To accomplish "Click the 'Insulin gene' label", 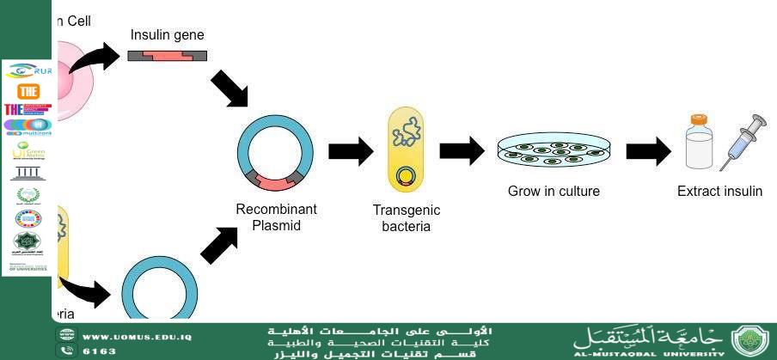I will point(167,35).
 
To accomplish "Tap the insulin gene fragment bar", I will point(167,57).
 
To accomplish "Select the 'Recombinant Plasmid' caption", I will point(276,217).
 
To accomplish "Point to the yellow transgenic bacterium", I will point(406,149).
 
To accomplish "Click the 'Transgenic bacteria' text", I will point(407,218).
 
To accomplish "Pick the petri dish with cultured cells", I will point(554,150).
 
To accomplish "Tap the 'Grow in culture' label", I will point(554,192).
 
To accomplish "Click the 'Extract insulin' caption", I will point(719,192).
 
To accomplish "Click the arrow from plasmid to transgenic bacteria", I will point(351,152).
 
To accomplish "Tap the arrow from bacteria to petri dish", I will point(462,151).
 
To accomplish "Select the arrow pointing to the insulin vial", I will point(648,152).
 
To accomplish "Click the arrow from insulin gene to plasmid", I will point(229,88).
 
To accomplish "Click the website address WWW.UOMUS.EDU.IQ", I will point(138,336).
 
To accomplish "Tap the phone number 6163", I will point(99,351).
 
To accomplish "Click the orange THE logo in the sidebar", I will point(28,92).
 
